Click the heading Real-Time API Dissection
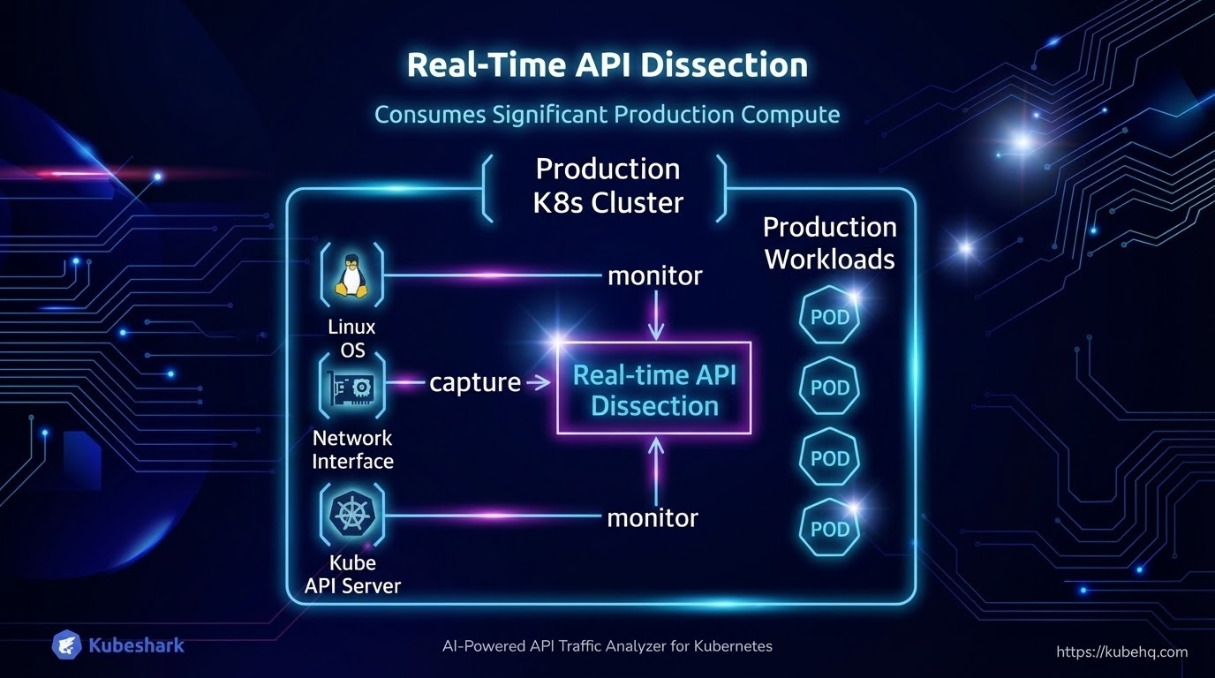coord(607,66)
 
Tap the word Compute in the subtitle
coord(790,115)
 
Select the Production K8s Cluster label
coord(607,185)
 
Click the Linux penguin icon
coord(351,276)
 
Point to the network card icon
coord(351,387)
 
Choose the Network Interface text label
coord(352,449)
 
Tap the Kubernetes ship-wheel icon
coord(351,513)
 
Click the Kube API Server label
coord(352,574)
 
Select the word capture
coord(475,382)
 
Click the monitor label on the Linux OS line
coord(654,275)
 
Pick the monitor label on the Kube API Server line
coord(653,517)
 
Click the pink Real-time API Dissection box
coord(654,388)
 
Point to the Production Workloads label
coord(829,243)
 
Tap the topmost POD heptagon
coord(829,316)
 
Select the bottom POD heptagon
coord(829,530)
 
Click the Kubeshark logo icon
coord(67,645)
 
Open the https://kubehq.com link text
coord(1121,652)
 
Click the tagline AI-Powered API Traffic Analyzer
coord(607,646)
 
